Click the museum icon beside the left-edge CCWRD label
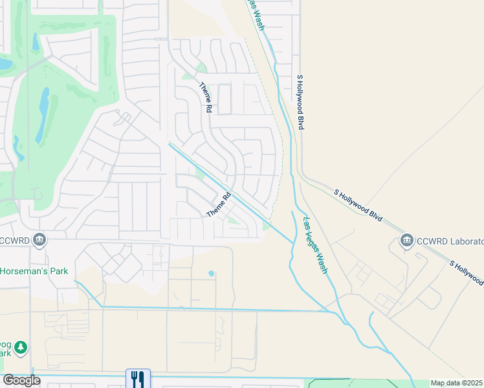point(39,241)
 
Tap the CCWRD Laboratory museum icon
point(407,241)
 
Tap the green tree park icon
point(21,348)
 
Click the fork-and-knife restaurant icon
point(138,378)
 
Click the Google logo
point(21,380)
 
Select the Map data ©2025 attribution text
point(456,383)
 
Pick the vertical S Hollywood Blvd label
point(300,102)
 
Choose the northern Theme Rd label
point(205,98)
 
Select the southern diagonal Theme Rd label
point(219,206)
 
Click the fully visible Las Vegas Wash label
point(316,244)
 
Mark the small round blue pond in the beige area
point(212,274)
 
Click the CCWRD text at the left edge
point(15,241)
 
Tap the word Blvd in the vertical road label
point(301,121)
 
